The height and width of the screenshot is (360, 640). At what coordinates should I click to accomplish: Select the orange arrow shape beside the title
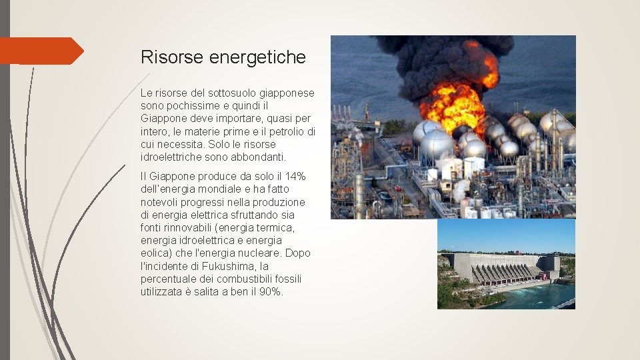(41, 51)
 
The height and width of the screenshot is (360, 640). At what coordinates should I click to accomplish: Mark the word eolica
(155, 253)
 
